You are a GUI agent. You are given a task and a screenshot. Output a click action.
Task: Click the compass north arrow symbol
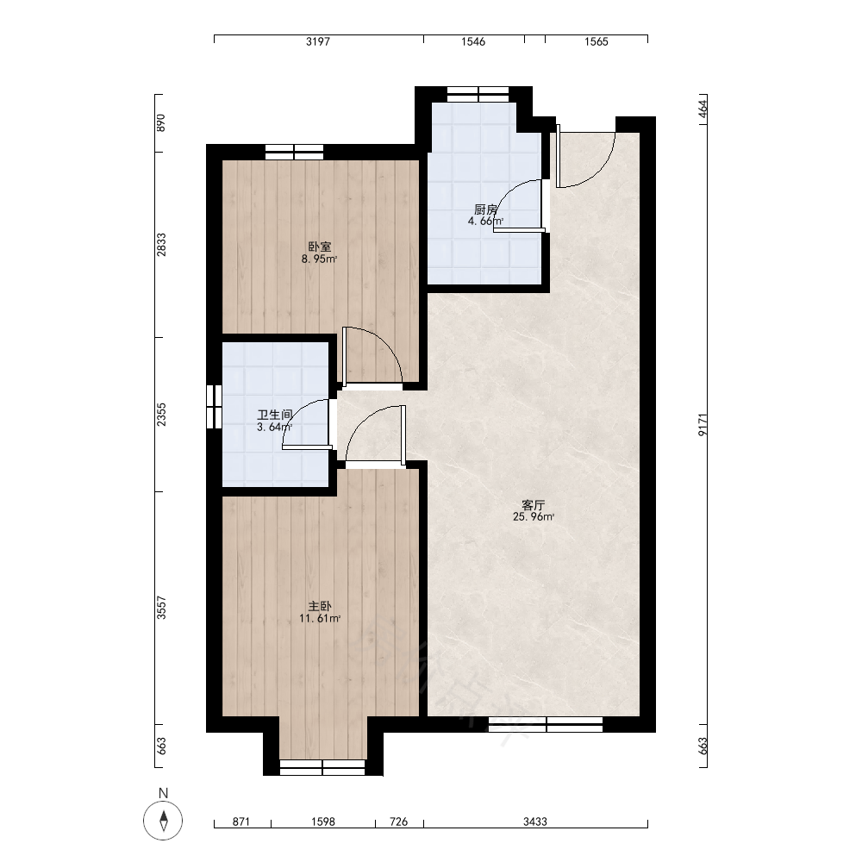pos(163,821)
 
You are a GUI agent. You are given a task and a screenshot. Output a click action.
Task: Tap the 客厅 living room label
pos(533,504)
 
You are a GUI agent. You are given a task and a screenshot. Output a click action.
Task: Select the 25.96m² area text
pos(534,516)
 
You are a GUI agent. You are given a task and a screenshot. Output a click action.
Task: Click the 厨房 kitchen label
pos(485,209)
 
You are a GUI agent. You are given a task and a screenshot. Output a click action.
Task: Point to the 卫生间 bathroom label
pos(274,415)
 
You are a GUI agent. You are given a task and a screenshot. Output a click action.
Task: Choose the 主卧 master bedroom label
pos(320,606)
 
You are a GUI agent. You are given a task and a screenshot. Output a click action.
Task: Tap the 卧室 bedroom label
pos(320,247)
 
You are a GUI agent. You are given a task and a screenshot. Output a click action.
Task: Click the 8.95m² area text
pos(320,259)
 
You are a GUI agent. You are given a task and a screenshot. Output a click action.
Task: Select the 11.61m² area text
pos(320,618)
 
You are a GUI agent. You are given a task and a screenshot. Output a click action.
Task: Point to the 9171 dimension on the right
pos(703,424)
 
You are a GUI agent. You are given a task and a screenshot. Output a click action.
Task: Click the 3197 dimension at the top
pos(318,41)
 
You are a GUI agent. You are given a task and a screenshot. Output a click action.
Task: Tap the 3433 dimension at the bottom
pos(535,821)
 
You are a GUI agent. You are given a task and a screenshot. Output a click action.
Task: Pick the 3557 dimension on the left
pos(161,608)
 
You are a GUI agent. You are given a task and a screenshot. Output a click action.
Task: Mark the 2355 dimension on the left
pos(161,415)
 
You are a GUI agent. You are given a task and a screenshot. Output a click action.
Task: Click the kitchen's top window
pos(478,95)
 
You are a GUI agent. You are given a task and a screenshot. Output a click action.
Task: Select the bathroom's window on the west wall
pos(214,407)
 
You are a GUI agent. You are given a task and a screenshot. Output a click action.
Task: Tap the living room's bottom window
pos(546,725)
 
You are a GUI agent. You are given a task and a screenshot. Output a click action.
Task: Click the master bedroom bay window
pos(322,767)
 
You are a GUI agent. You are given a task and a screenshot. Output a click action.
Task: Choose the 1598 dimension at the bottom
pos(322,821)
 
